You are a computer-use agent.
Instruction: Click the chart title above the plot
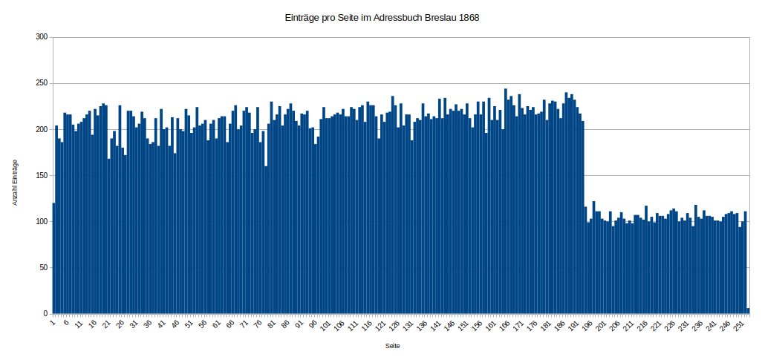[x=382, y=17]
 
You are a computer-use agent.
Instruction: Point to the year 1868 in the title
[x=467, y=17]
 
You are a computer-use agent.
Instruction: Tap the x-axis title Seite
[x=393, y=346]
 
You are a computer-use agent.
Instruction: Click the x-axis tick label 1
[x=53, y=322]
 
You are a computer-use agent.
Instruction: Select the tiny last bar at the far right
[x=748, y=311]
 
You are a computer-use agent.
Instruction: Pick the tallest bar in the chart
[x=506, y=200]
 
